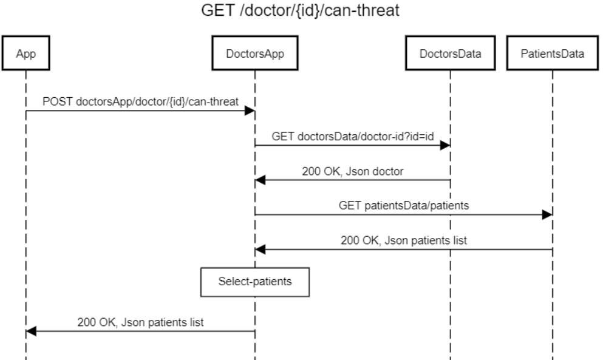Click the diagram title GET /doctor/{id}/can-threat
302,13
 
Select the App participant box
26,53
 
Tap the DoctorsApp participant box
254,53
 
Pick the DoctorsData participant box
451,53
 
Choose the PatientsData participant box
553,53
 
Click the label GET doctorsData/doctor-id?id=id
352,137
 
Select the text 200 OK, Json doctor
352,171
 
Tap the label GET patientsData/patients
403,206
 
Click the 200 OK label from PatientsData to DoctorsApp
403,240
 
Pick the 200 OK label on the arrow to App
140,322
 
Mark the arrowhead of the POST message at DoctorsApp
250,110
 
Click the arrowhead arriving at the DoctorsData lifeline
446,146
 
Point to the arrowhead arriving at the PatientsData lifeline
548,215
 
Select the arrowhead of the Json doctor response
260,180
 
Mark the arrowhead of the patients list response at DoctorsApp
260,250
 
